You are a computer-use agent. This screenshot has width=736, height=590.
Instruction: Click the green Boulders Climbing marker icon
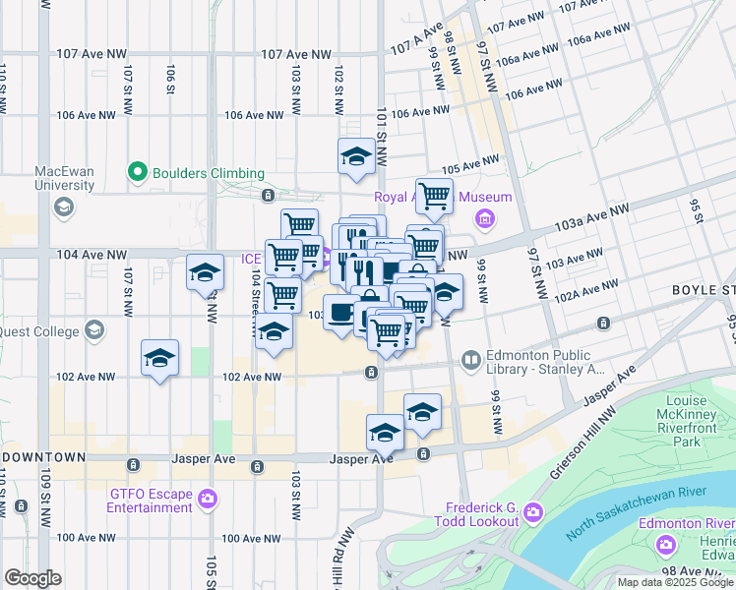click(x=138, y=173)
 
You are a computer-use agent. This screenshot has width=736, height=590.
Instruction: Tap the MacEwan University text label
click(x=64, y=177)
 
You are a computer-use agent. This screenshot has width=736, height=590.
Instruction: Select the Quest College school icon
click(x=95, y=330)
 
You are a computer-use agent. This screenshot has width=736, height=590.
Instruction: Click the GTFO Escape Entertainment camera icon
click(x=207, y=500)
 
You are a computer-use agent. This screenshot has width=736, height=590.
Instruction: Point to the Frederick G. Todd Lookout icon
click(x=532, y=512)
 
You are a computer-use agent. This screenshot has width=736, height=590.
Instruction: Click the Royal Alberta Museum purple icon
click(x=483, y=217)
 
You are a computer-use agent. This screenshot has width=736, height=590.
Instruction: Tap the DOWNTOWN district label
click(x=44, y=458)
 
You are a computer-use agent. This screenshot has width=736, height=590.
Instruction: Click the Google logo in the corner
click(x=32, y=577)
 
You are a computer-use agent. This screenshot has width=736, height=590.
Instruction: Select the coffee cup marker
click(x=341, y=312)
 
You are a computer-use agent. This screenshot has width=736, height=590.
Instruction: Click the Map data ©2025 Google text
click(x=675, y=582)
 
